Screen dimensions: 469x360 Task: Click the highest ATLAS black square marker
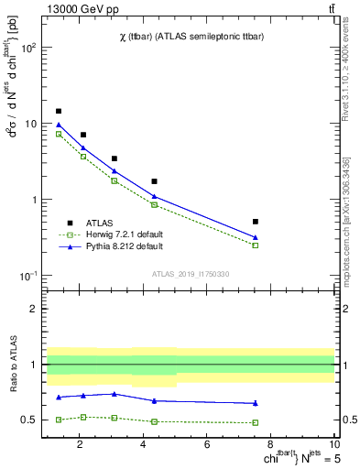(59, 111)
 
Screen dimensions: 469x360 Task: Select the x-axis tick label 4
(144, 446)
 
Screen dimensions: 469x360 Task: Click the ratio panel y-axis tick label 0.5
(30, 420)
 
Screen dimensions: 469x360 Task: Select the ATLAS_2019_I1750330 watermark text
(191, 274)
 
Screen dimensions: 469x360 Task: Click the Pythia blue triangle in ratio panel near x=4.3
(154, 400)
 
